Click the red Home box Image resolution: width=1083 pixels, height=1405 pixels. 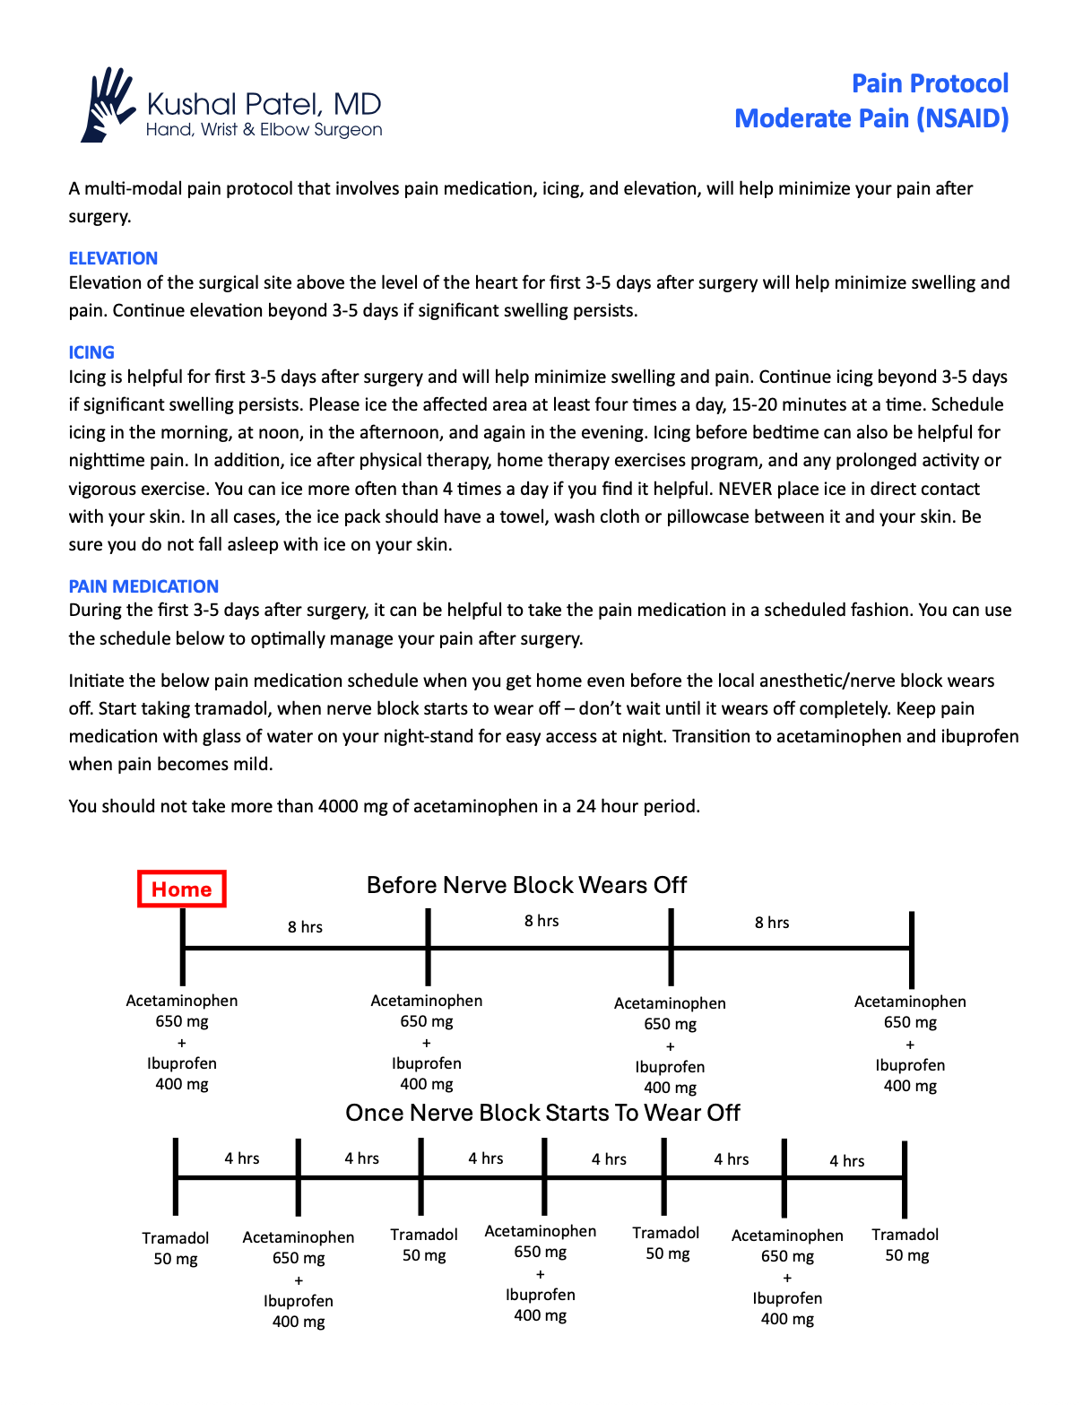coord(181,889)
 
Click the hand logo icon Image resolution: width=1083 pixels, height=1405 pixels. coord(108,104)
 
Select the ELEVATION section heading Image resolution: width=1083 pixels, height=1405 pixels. coord(113,258)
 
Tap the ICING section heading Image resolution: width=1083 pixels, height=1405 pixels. coord(91,352)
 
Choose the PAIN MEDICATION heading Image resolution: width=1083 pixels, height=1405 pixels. coord(143,586)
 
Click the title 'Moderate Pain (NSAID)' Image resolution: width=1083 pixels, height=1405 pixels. coord(871,118)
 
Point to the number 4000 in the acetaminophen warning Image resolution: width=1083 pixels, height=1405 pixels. coord(338,806)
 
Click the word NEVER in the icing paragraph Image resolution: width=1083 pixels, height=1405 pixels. coord(745,489)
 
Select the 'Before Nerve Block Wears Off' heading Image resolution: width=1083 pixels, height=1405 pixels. coord(526,885)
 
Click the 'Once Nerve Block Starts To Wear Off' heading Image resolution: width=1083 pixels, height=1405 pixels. coord(542,1113)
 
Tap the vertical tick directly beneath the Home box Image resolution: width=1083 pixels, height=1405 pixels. coord(183,948)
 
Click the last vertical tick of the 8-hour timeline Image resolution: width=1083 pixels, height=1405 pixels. coord(911,950)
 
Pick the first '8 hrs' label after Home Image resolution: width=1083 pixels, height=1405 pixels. coord(305,927)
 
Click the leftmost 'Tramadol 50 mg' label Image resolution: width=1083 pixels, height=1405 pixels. coord(176,1248)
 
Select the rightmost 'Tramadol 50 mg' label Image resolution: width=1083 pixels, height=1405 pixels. coord(905,1245)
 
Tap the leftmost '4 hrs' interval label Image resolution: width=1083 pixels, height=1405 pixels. coord(242,1158)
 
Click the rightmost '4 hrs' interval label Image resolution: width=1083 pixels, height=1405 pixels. coord(846,1161)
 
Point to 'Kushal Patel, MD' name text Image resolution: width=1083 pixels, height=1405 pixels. coord(264,104)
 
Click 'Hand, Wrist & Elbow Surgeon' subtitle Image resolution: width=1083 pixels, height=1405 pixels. coord(264,130)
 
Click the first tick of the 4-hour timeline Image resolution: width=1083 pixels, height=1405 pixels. coord(176,1176)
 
